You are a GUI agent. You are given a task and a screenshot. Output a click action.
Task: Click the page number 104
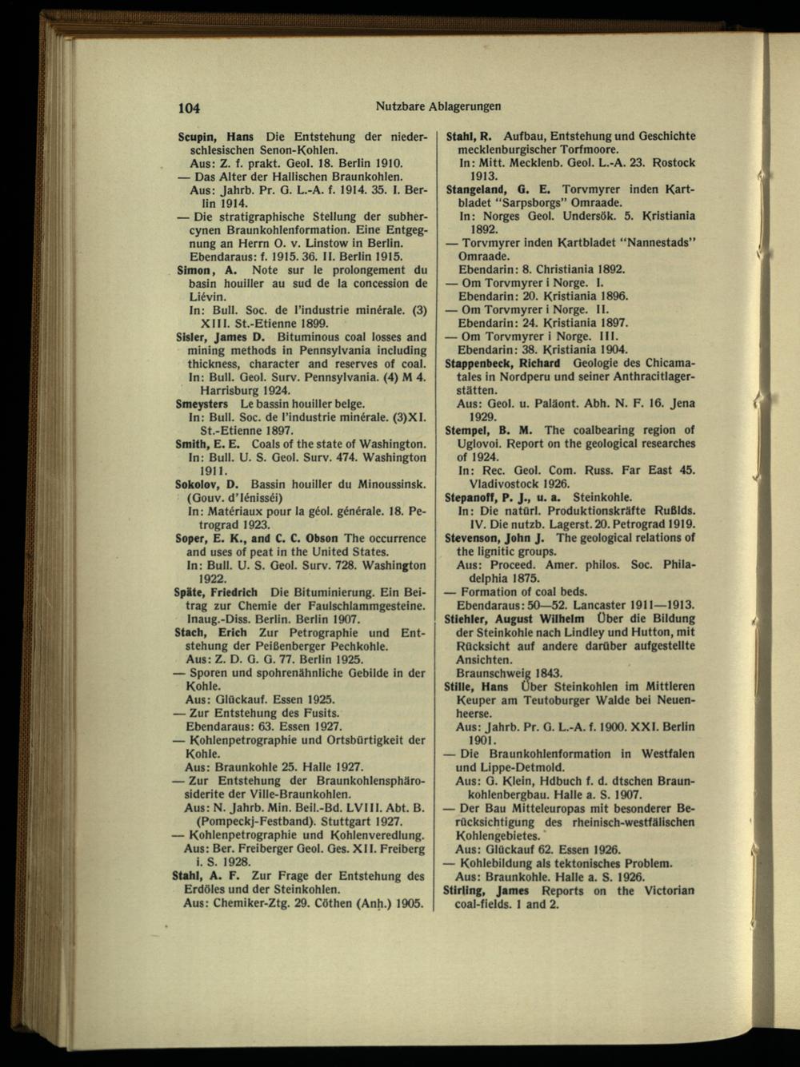189,108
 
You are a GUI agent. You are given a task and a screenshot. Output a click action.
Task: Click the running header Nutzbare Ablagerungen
437,106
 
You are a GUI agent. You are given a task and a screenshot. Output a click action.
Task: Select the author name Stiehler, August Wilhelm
514,619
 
